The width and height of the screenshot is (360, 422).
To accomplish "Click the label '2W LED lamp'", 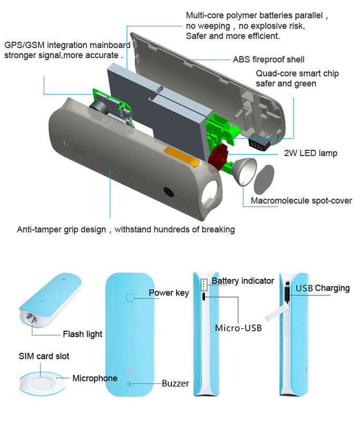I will click(x=307, y=154).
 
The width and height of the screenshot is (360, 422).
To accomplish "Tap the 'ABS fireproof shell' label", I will click(x=268, y=60).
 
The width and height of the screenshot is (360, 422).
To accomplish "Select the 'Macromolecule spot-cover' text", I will click(x=301, y=200).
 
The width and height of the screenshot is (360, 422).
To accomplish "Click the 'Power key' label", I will click(x=168, y=293).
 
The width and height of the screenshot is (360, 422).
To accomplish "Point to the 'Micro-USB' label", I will click(x=238, y=328).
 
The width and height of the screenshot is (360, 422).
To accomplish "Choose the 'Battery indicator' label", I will click(x=242, y=281).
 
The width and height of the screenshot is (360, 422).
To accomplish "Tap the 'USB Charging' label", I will click(x=322, y=288).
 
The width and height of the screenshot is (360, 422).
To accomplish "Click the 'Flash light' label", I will click(x=83, y=334).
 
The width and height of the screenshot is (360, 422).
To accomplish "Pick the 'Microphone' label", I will click(x=95, y=378).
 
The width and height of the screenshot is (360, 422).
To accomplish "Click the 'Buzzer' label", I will click(x=175, y=383).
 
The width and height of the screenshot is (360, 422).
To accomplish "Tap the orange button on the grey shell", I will click(x=181, y=157).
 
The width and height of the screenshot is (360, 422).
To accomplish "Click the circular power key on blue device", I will click(x=130, y=298).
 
